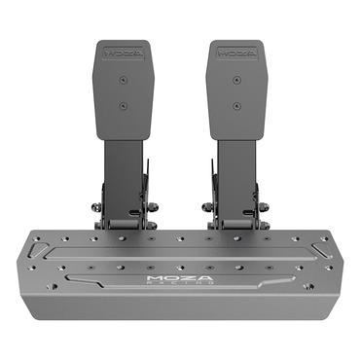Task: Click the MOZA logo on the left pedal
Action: [x=123, y=46]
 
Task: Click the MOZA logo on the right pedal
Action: [x=235, y=46]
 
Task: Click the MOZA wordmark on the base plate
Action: [x=179, y=277]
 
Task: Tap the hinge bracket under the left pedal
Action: [x=124, y=210]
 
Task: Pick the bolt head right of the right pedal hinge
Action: [x=264, y=207]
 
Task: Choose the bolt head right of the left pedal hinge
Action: [x=152, y=207]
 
